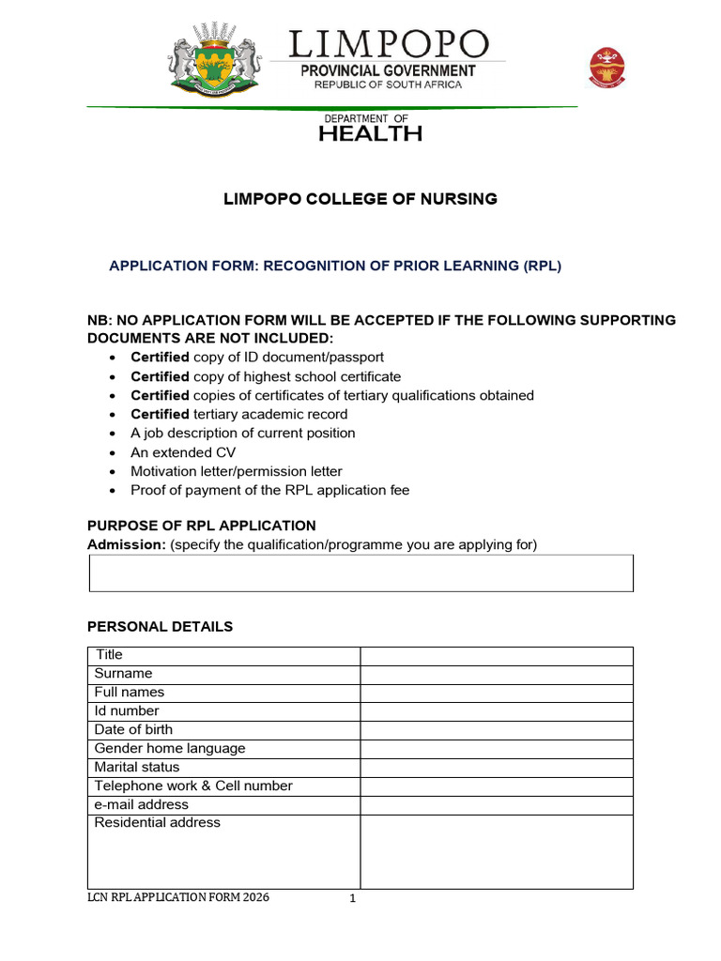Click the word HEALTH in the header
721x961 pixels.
click(x=369, y=133)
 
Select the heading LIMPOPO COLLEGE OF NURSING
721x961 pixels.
click(x=360, y=199)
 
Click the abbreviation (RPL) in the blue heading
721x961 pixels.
click(x=542, y=266)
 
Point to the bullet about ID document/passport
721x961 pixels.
click(x=256, y=358)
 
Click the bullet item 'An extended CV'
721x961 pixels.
click(x=183, y=452)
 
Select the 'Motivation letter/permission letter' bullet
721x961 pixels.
click(x=236, y=471)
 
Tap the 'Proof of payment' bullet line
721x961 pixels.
click(x=269, y=490)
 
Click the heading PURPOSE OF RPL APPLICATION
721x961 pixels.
click(x=201, y=526)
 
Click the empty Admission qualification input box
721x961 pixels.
click(x=360, y=572)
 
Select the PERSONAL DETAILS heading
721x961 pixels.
click(x=160, y=626)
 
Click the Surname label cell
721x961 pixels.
click(x=123, y=674)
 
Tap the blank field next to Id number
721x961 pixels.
click(x=497, y=711)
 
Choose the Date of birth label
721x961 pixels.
click(x=133, y=729)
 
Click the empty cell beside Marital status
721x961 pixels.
click(x=497, y=768)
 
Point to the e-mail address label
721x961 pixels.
click(x=141, y=804)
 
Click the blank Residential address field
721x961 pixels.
click(x=497, y=851)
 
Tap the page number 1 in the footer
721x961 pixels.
click(x=353, y=899)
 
